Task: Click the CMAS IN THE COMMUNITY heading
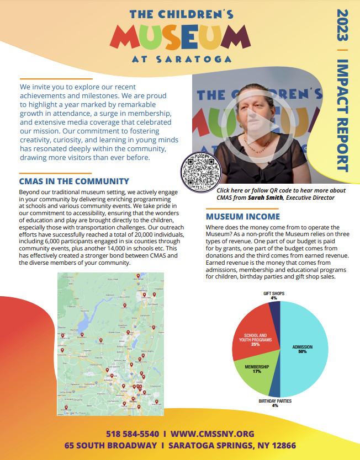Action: point(74,181)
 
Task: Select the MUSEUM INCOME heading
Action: point(243,217)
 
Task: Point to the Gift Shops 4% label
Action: point(273,296)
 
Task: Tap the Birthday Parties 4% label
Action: point(275,404)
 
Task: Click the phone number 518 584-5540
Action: point(133,434)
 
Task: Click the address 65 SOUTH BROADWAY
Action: point(109,446)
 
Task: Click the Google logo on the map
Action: point(68,412)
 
